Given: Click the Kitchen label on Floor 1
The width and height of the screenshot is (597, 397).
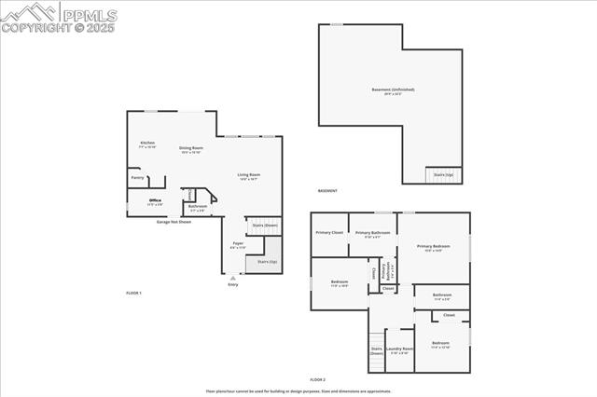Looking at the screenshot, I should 147,144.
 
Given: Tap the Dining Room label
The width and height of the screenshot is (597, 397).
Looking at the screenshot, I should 191,148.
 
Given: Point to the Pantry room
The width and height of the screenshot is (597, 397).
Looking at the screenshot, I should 137,177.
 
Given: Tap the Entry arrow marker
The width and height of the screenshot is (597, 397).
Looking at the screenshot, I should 233,278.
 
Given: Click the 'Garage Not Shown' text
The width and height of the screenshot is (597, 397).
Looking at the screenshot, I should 174,223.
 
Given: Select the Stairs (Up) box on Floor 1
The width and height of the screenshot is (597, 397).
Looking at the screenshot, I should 255,262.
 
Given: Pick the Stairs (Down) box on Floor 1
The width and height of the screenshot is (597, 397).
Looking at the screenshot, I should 265,226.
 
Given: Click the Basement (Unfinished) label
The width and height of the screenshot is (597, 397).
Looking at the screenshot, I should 393,90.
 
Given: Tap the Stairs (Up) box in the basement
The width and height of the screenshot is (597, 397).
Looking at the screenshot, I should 443,174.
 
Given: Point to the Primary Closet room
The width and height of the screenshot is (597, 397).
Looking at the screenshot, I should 329,232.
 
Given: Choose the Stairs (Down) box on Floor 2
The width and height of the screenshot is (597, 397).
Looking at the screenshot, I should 377,351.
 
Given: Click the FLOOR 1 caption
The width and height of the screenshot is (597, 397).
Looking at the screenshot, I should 133,293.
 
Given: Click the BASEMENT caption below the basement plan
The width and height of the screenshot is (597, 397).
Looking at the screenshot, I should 327,190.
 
